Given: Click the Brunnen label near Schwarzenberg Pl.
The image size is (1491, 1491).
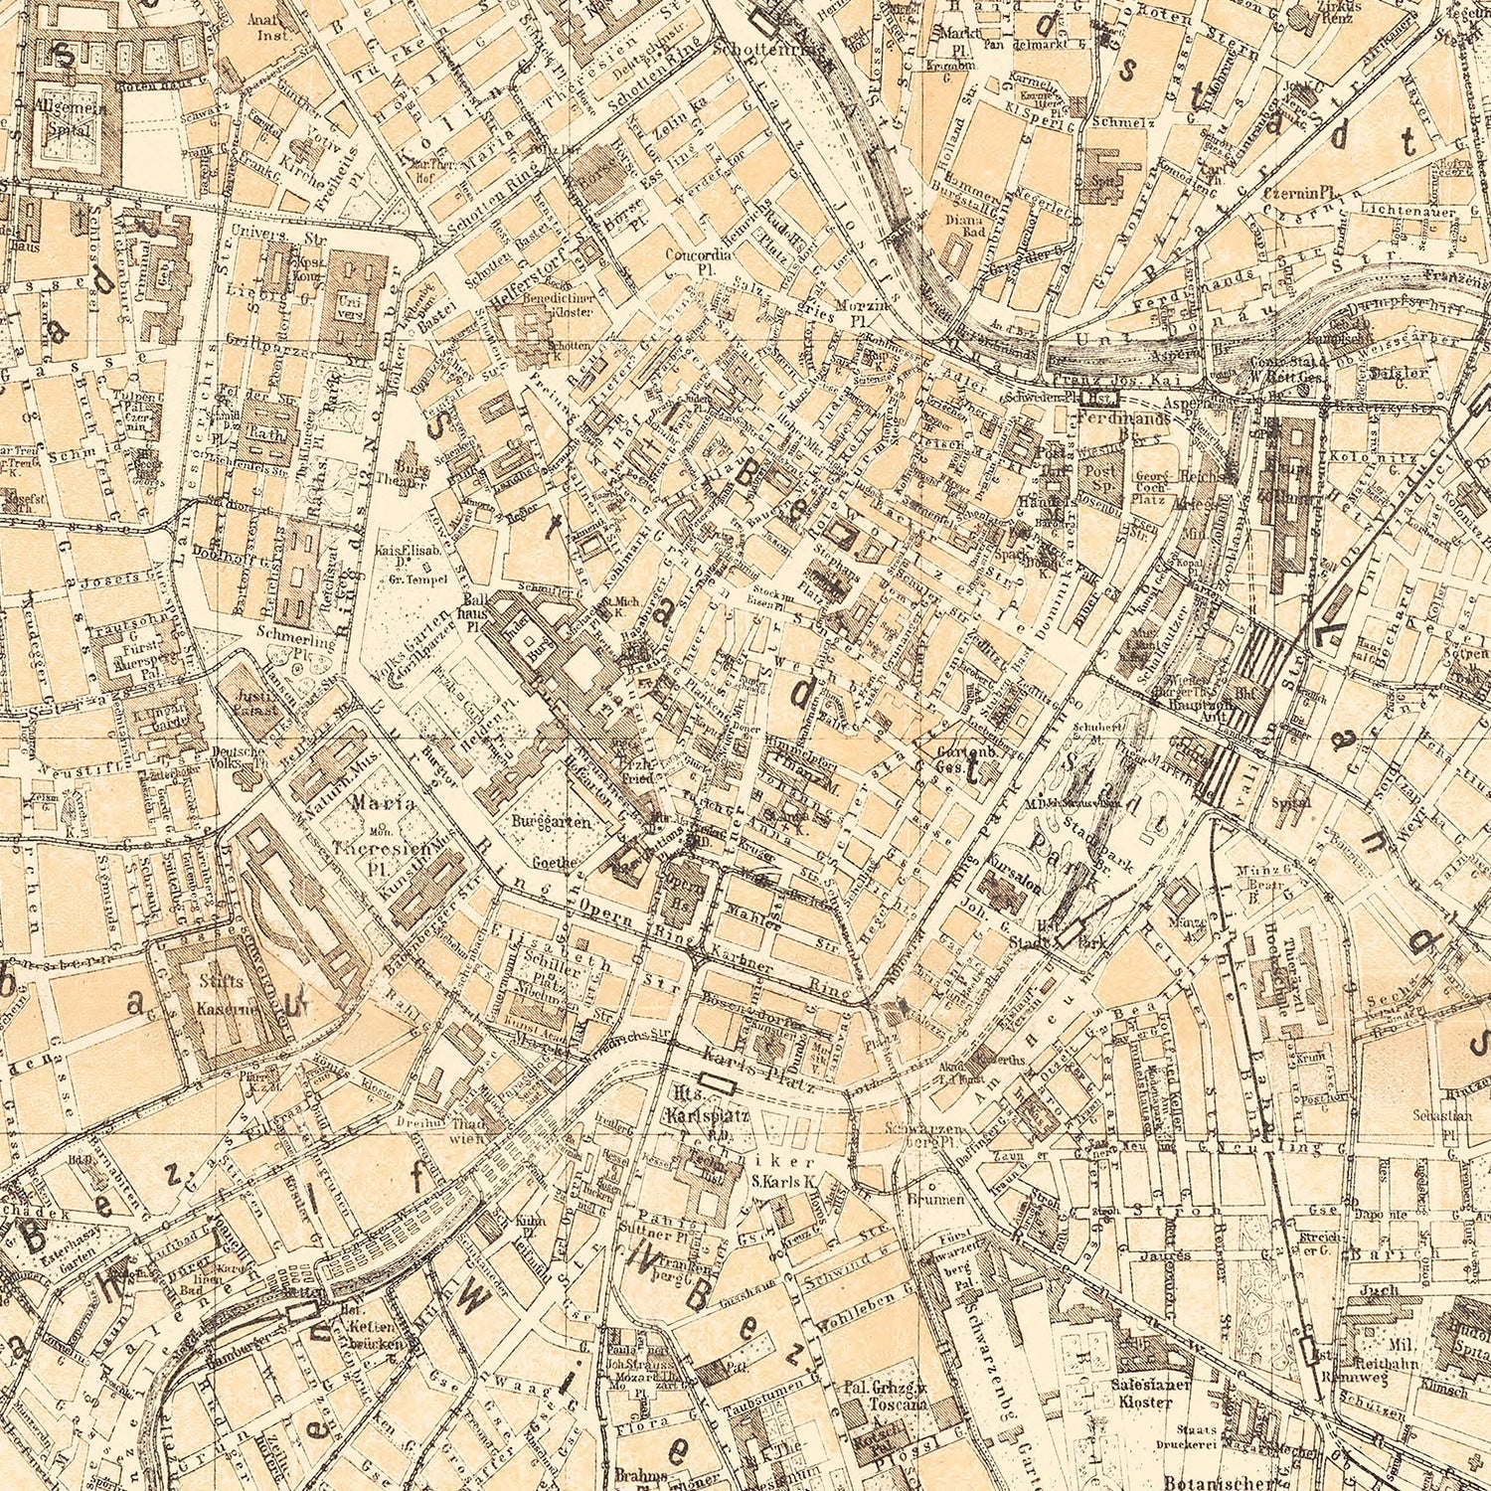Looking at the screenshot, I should click(934, 1200).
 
